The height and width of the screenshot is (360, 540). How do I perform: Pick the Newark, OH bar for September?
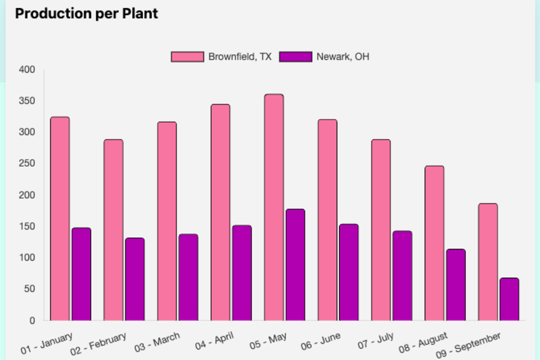point(509,299)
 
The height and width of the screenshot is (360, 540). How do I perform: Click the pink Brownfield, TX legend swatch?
point(187,57)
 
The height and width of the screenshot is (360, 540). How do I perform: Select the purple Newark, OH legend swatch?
point(296,57)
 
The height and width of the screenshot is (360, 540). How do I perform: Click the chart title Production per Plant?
point(86,13)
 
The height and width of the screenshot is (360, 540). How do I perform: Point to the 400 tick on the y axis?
point(27,70)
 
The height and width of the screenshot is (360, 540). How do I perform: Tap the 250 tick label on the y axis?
point(27,164)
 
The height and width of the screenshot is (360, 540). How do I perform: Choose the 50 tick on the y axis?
point(29,289)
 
